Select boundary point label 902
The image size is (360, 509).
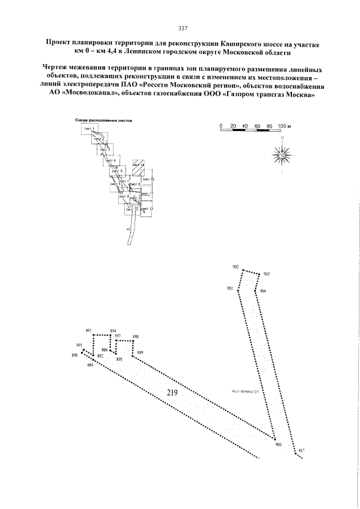click(235, 266)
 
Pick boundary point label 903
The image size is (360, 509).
click(266, 274)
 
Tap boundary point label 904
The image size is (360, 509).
click(263, 291)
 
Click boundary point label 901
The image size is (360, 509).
click(230, 288)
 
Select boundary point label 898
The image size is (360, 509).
click(136, 337)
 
